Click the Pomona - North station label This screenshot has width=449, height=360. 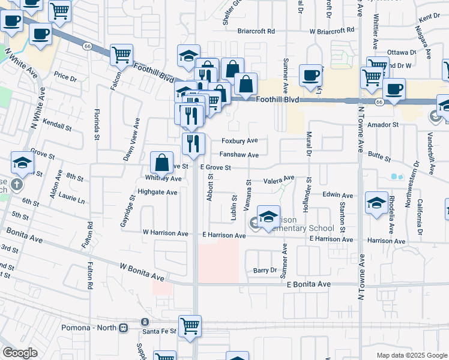(x=89, y=328)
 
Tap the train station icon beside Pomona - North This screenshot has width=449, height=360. (x=124, y=328)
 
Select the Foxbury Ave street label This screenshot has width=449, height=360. (x=240, y=140)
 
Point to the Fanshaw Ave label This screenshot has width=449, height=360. (x=239, y=155)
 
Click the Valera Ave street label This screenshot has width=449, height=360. (x=279, y=179)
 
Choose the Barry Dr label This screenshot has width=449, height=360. (x=264, y=271)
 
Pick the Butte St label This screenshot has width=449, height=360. (x=379, y=160)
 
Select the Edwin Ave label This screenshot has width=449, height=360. (x=338, y=195)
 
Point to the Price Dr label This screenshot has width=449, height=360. (x=65, y=77)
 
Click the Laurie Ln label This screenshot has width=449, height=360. (x=71, y=200)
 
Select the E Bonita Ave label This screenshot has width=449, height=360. (x=309, y=284)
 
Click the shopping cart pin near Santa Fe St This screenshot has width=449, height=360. (x=190, y=326)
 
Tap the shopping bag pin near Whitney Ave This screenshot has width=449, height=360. (x=162, y=161)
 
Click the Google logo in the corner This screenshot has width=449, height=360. (x=20, y=353)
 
